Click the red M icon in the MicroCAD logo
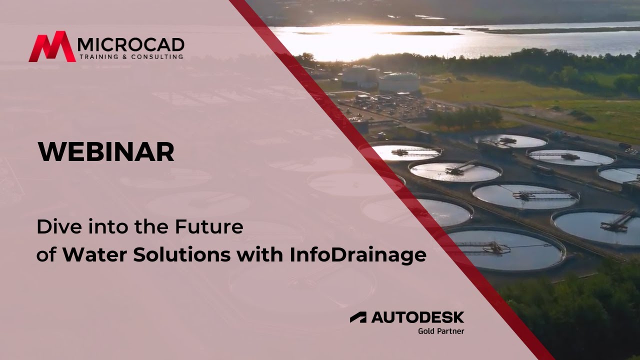coord(52,47)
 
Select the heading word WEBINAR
coord(106,152)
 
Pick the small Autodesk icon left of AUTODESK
coord(358,317)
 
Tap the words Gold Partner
coord(441,330)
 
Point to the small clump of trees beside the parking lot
coord(465,117)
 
